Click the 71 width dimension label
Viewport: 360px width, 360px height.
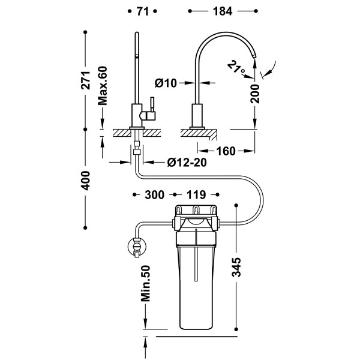click(x=142, y=11)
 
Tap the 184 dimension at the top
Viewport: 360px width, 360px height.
click(x=223, y=11)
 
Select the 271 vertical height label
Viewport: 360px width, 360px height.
click(x=86, y=80)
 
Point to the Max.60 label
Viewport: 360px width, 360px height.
click(x=103, y=86)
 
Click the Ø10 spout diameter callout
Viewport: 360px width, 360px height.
click(x=166, y=83)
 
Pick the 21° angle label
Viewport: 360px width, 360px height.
click(x=236, y=67)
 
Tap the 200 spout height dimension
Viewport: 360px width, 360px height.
click(x=255, y=94)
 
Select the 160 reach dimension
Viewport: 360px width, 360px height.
click(x=226, y=151)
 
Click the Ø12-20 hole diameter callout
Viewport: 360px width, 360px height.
click(x=187, y=163)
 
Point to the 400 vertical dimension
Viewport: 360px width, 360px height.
click(x=86, y=181)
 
